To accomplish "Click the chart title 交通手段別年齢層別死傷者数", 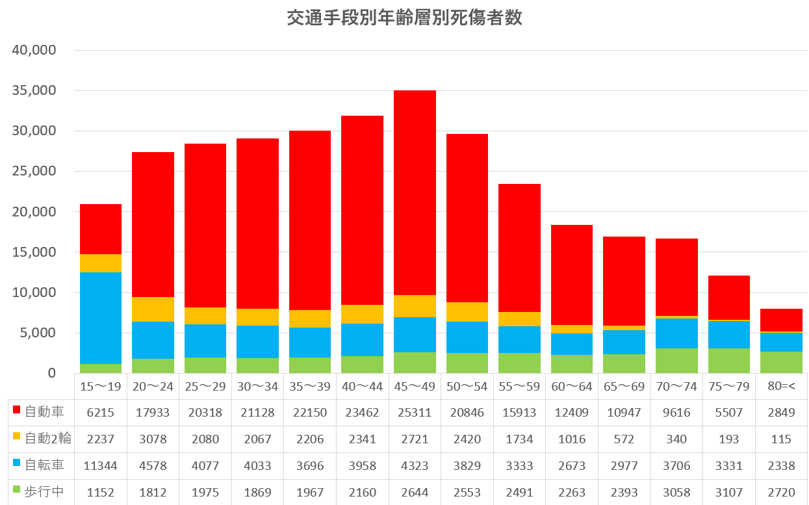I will click(x=404, y=18).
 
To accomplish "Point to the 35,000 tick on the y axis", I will click(x=34, y=90).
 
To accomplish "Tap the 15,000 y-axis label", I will click(x=34, y=252).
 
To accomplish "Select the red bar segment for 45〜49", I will click(x=415, y=192).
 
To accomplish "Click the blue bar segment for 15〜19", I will click(x=101, y=318).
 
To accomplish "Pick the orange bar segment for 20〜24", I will click(x=153, y=309).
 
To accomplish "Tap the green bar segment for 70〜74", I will click(x=676, y=361).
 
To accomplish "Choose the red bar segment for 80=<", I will click(x=781, y=320).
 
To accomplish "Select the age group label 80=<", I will click(x=781, y=387).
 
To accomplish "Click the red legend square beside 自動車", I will click(x=17, y=411).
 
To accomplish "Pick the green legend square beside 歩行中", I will click(x=17, y=492).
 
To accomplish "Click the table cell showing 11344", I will click(x=101, y=465).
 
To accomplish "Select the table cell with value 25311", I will click(x=415, y=411).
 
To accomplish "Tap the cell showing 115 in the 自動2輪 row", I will click(x=781, y=439).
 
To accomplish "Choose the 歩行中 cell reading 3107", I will click(x=728, y=492).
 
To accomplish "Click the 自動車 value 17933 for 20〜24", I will click(x=153, y=411).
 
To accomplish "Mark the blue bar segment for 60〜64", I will click(x=572, y=344).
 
